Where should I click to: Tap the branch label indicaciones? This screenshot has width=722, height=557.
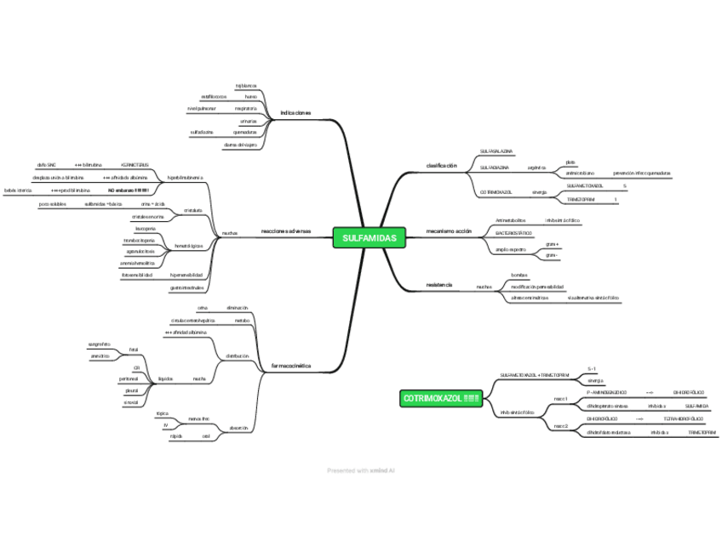click(295, 113)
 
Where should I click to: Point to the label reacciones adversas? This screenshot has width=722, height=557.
click(286, 231)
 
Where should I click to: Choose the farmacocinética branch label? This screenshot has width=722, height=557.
click(290, 366)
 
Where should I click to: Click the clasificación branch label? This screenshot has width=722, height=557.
click(441, 165)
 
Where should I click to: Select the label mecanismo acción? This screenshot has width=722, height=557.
click(449, 231)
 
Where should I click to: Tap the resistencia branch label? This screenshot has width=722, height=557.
click(438, 283)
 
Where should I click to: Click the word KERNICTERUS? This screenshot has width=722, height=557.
click(135, 164)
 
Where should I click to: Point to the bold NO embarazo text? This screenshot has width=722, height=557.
click(129, 190)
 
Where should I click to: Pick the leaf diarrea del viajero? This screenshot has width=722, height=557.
click(240, 145)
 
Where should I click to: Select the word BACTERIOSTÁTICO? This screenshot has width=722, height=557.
click(513, 233)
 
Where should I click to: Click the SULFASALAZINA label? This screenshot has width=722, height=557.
click(496, 151)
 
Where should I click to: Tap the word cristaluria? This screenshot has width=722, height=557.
click(192, 209)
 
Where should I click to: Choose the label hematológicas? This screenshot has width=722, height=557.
click(188, 246)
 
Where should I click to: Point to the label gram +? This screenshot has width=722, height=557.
click(552, 244)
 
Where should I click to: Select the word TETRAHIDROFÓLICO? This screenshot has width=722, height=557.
click(683, 418)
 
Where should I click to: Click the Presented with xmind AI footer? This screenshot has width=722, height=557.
click(361, 470)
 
